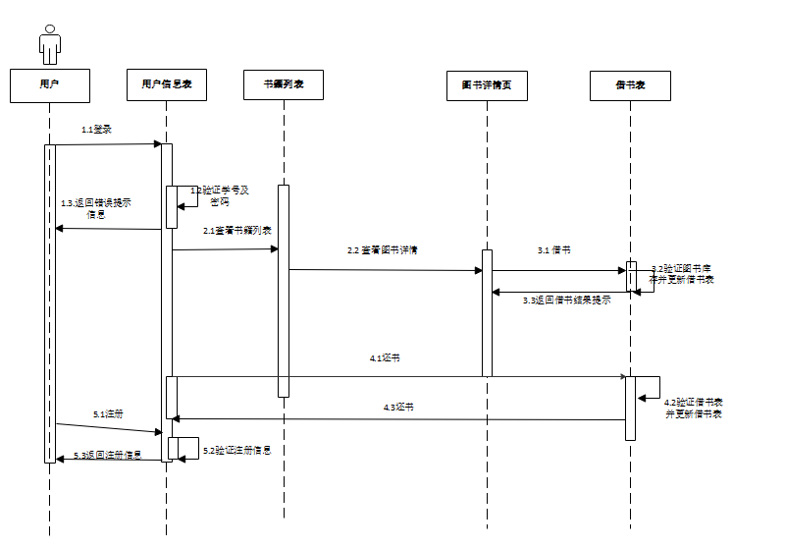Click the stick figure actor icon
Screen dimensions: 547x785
pyautogui.click(x=49, y=45)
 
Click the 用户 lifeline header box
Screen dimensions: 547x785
pyautogui.click(x=49, y=85)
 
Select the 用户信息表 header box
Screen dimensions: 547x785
pyautogui.click(x=167, y=85)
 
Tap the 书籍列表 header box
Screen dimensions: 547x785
pyautogui.click(x=284, y=85)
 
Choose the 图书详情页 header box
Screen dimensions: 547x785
pyautogui.click(x=487, y=85)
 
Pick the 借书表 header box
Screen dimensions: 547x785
pyautogui.click(x=631, y=85)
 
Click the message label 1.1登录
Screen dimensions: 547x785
pyautogui.click(x=96, y=130)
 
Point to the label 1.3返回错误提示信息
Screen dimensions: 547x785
pyautogui.click(x=96, y=208)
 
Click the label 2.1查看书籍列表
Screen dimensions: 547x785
pyautogui.click(x=237, y=230)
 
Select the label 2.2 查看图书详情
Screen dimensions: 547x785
pyautogui.click(x=383, y=250)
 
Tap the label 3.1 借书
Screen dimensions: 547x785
pyautogui.click(x=554, y=250)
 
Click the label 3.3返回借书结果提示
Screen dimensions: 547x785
pyautogui.click(x=566, y=300)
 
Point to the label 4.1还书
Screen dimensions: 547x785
pyautogui.click(x=385, y=358)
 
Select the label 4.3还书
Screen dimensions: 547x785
pyautogui.click(x=397, y=407)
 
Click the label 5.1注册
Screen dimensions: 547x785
pyautogui.click(x=108, y=414)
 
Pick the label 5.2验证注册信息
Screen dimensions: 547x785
pyautogui.click(x=236, y=450)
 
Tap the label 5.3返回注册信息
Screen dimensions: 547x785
pyautogui.click(x=108, y=456)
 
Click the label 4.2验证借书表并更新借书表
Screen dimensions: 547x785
pyautogui.click(x=694, y=408)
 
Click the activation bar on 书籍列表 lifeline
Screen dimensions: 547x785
pyautogui.click(x=284, y=291)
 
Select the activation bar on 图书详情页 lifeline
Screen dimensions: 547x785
pyautogui.click(x=487, y=312)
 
